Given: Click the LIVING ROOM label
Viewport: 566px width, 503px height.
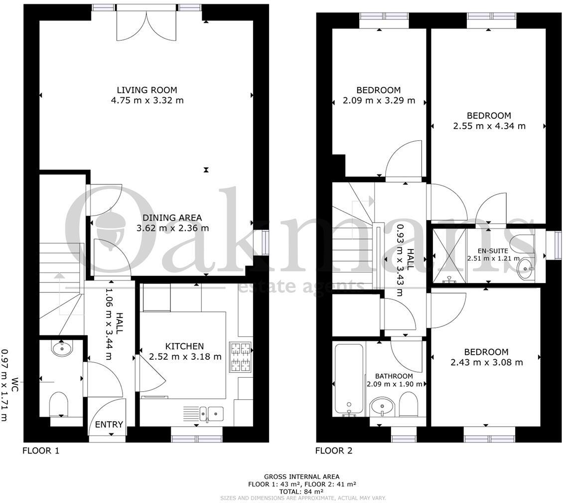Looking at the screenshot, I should pyautogui.click(x=147, y=90).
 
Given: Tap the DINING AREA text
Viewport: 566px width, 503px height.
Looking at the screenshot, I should pyautogui.click(x=172, y=218).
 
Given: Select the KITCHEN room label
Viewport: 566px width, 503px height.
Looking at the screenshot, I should pyautogui.click(x=184, y=346).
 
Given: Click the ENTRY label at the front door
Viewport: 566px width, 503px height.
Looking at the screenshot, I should pyautogui.click(x=109, y=425).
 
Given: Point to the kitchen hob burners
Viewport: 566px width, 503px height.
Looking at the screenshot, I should pyautogui.click(x=240, y=357).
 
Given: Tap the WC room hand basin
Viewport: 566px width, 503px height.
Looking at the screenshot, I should pyautogui.click(x=61, y=347).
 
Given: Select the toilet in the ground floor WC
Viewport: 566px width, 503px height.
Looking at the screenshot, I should pyautogui.click(x=59, y=404).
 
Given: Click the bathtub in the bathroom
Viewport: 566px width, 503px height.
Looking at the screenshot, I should pyautogui.click(x=349, y=379).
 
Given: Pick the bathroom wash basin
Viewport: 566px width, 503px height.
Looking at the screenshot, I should pyautogui.click(x=382, y=406).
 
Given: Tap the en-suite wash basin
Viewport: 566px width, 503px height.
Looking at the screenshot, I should pyautogui.click(x=525, y=270).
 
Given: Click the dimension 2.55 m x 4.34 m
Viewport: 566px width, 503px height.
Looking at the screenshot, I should pyautogui.click(x=489, y=126).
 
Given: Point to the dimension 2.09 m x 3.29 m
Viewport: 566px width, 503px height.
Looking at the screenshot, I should pyautogui.click(x=379, y=100).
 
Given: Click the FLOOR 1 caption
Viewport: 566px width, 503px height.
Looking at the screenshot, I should pyautogui.click(x=41, y=451).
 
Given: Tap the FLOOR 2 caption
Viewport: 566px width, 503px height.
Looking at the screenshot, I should pyautogui.click(x=334, y=451).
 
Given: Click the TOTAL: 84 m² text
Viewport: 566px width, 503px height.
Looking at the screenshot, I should pyautogui.click(x=302, y=491).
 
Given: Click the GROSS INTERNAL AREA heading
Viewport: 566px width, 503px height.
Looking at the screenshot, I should pyautogui.click(x=302, y=477).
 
